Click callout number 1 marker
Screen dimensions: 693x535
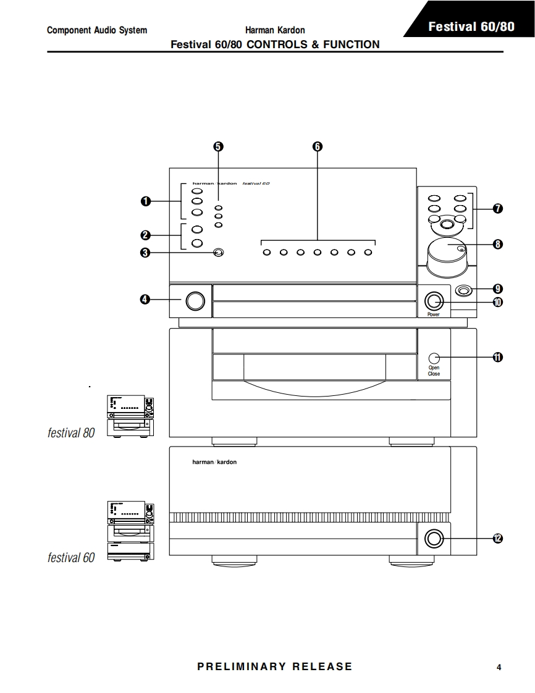(x=145, y=201)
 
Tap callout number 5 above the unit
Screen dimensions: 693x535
(x=218, y=146)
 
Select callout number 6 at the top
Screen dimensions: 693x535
(x=318, y=146)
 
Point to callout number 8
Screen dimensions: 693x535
(x=498, y=244)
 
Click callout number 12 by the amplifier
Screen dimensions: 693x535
(x=498, y=539)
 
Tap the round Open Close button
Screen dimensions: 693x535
(x=434, y=358)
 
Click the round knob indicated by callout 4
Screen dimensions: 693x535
(x=194, y=300)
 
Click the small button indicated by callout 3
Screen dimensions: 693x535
(x=217, y=252)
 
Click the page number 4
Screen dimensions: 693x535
(x=499, y=667)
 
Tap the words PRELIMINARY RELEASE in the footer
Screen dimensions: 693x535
(x=274, y=666)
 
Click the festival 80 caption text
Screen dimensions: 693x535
(x=71, y=433)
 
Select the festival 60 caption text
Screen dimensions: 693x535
(x=71, y=558)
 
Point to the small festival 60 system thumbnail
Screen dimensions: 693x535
(x=130, y=531)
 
